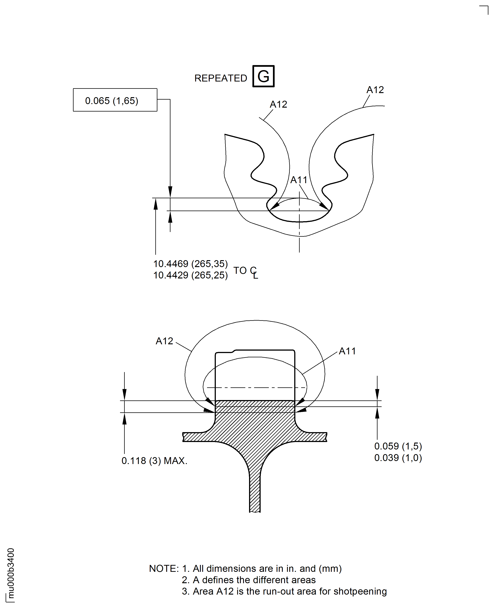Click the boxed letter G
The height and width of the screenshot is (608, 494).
coord(263,76)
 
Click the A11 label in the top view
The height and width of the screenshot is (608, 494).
coord(299,180)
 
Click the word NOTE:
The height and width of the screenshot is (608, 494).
coord(164,568)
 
